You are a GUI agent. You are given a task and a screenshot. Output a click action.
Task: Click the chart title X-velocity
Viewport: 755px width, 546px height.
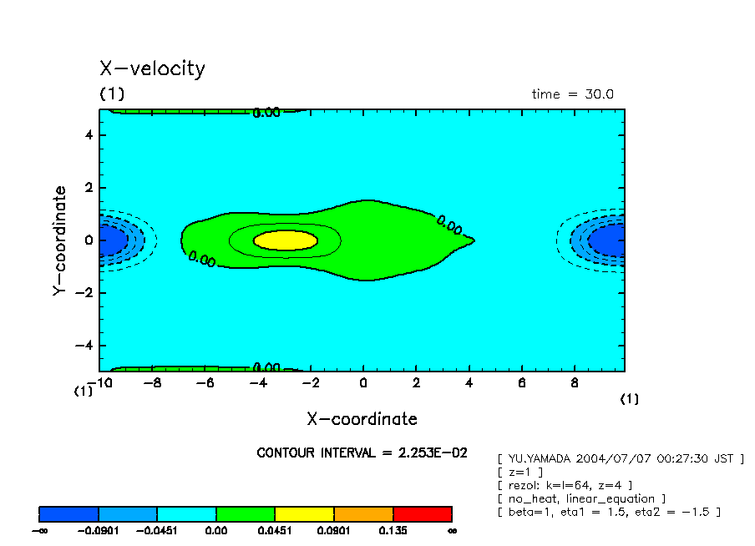[152, 68]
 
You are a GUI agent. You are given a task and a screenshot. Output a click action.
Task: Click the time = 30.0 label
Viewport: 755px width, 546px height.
[572, 94]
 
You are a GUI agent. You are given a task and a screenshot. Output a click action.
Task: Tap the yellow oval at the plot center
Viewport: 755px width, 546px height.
[286, 240]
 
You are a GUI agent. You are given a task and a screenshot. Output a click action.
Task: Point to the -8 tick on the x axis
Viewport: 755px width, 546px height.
[152, 384]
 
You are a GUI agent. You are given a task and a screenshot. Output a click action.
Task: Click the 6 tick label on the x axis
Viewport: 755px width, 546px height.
[521, 384]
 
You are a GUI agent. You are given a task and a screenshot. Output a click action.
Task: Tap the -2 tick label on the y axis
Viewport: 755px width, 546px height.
[84, 293]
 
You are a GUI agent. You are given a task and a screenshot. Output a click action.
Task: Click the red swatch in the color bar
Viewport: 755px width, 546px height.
[422, 513]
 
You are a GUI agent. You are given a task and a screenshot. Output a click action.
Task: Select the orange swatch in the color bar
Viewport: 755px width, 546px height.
[363, 513]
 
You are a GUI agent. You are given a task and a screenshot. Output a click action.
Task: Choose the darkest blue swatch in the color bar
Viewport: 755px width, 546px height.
[69, 513]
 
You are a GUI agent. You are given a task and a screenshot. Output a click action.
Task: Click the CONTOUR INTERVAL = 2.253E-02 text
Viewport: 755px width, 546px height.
[362, 452]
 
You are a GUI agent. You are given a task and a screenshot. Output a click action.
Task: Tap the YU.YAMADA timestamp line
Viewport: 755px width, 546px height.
[620, 458]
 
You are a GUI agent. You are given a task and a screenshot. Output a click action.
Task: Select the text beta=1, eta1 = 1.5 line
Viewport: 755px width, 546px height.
[608, 511]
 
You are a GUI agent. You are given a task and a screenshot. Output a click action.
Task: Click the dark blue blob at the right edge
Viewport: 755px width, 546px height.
[607, 240]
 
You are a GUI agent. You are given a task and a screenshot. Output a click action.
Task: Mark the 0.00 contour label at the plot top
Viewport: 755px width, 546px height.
[266, 113]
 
